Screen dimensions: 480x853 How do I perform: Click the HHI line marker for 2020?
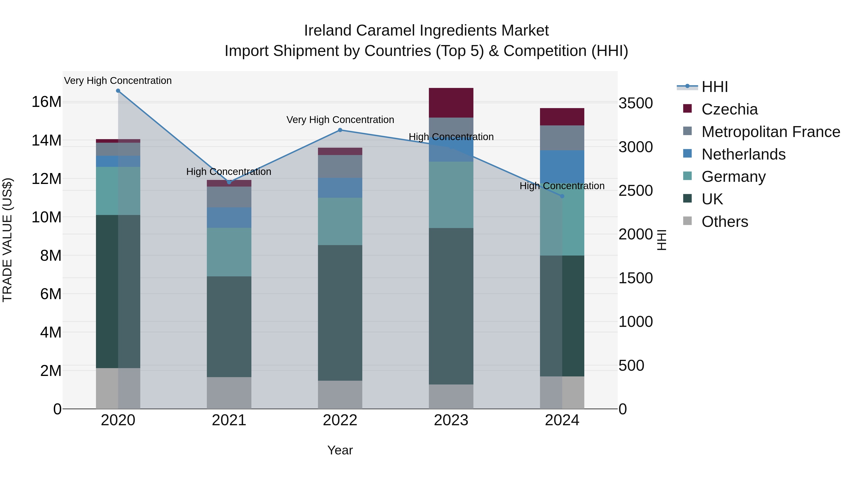pos(118,91)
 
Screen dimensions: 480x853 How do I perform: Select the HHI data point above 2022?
pos(340,130)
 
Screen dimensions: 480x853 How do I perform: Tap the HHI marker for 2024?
pos(562,196)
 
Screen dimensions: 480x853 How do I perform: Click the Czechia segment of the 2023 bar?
pos(451,103)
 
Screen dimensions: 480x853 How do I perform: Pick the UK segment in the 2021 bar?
pos(229,326)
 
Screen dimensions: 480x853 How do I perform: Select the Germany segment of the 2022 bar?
pos(340,221)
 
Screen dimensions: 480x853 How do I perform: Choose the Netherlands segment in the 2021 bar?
pos(229,217)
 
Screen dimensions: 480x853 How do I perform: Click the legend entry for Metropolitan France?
pos(771,132)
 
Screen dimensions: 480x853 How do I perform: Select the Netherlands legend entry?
pos(743,154)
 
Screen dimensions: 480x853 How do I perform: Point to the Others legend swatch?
pos(687,221)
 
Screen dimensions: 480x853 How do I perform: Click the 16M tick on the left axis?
pos(46,102)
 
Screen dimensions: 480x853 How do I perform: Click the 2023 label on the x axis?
pos(451,420)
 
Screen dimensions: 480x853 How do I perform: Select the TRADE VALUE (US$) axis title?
pos(7,240)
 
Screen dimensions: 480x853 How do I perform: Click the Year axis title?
pos(340,450)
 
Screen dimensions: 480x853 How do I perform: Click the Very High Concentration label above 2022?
pos(340,120)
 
